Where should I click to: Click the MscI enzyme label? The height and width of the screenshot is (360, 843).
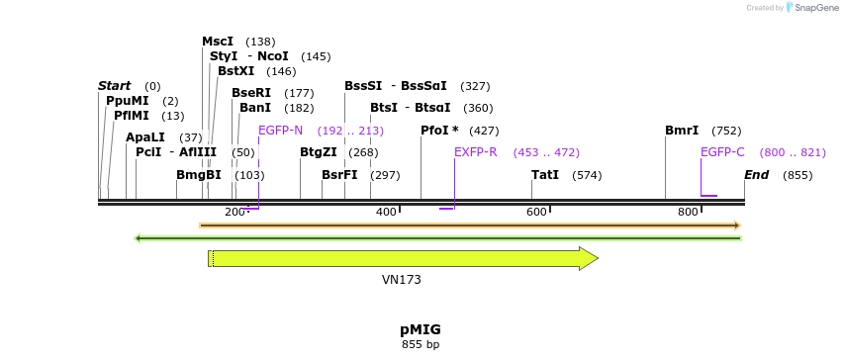218,42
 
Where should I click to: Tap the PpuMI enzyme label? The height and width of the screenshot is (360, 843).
128,101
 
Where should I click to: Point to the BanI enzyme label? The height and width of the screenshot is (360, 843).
255,108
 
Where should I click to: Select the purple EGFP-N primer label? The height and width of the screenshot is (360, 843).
280,131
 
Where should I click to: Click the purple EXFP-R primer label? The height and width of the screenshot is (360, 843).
476,152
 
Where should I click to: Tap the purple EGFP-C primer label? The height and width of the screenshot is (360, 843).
722,152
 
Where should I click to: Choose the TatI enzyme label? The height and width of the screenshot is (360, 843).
545,175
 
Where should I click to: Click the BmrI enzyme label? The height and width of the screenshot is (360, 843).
682,131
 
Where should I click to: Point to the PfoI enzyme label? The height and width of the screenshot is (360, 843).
439,131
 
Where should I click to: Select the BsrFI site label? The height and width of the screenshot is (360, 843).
339,175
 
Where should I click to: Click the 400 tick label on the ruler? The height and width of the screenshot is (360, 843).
386,213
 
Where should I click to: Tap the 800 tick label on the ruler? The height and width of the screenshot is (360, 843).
688,213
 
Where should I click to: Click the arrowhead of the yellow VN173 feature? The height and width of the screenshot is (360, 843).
589,258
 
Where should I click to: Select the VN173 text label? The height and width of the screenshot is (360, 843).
402,280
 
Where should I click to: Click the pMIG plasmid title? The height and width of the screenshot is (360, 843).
421,328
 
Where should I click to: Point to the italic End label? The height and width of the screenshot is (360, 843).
757,175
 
